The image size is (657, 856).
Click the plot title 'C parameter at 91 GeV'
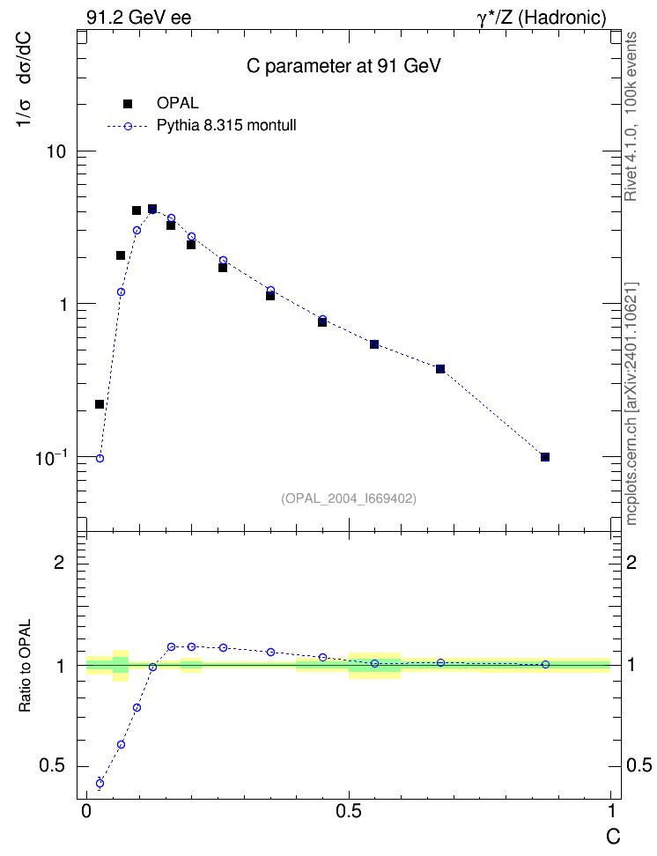tap(343, 66)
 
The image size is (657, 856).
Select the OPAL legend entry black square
tap(128, 103)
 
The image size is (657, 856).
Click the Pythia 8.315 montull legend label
tap(226, 126)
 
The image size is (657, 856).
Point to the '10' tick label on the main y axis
tap(55, 151)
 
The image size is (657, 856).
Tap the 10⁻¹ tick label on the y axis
tap(51, 457)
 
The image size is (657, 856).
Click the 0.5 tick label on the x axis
tap(349, 811)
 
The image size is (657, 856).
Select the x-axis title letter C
tap(613, 836)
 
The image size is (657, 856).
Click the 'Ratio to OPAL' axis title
tap(25, 666)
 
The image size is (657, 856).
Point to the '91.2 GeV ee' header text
tap(139, 18)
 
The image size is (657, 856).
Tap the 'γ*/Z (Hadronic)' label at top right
tap(542, 18)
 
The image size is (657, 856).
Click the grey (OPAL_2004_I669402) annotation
tap(349, 498)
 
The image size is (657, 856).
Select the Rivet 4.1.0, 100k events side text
tap(631, 116)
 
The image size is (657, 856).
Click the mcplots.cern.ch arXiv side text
tap(631, 403)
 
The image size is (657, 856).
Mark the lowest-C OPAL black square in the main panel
tap(100, 404)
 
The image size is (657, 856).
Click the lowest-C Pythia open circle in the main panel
tap(100, 459)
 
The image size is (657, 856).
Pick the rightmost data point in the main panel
tap(545, 457)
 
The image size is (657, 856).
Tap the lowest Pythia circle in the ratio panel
tap(100, 784)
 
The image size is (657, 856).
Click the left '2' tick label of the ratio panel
tap(60, 562)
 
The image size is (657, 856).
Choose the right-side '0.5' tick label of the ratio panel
tap(639, 765)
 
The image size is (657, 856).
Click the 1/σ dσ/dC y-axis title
tap(23, 79)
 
